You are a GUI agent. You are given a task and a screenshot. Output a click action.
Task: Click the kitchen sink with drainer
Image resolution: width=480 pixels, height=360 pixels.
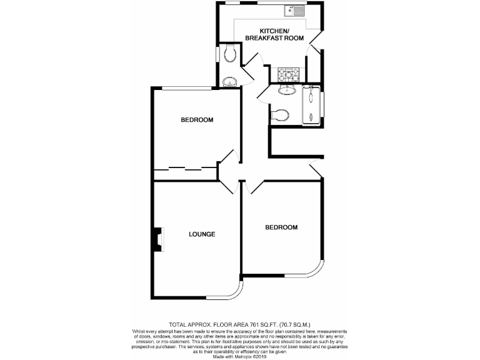pos(293,10)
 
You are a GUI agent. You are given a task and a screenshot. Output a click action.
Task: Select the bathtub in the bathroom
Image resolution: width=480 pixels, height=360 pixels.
pos(310,106)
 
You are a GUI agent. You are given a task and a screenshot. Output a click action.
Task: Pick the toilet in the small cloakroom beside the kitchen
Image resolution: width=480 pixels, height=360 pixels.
pos(229,56)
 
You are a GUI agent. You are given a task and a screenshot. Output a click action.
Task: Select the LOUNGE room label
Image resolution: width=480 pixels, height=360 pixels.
pos(202,234)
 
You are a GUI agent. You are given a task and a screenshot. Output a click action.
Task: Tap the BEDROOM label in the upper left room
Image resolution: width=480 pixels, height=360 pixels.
pos(197,120)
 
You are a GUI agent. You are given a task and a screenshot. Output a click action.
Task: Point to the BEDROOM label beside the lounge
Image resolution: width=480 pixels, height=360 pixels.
pos(281,227)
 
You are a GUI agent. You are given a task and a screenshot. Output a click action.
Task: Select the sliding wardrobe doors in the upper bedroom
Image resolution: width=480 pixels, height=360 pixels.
pos(185,168)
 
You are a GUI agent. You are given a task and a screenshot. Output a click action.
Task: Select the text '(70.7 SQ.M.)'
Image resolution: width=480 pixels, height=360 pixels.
pos(293,326)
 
